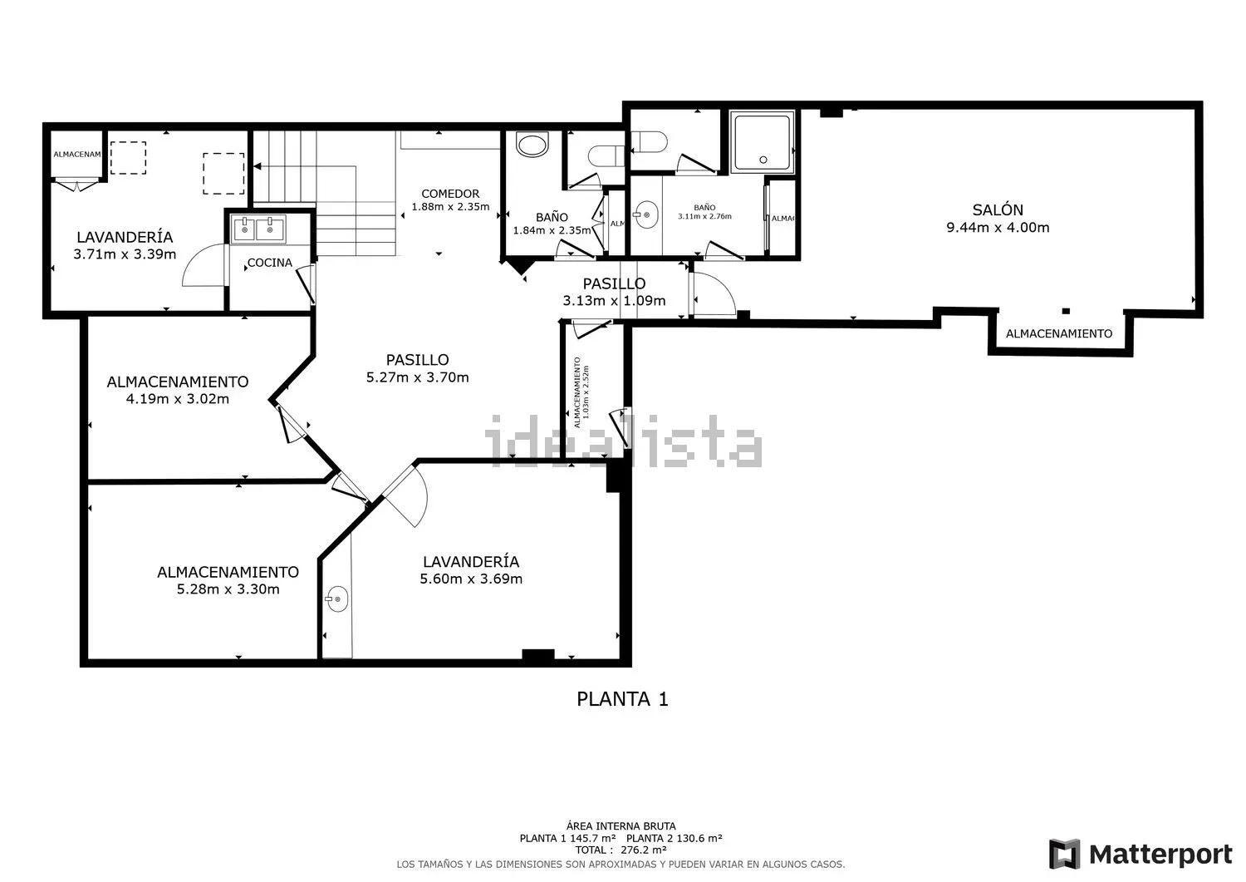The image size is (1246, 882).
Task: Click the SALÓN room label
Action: (x=998, y=210)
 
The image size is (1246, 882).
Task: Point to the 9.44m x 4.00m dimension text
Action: (x=998, y=228)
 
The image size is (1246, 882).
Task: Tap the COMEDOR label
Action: (x=449, y=194)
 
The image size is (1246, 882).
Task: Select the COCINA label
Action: (x=270, y=264)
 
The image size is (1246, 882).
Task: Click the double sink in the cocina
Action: (x=258, y=228)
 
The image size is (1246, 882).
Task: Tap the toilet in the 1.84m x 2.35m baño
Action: (x=532, y=146)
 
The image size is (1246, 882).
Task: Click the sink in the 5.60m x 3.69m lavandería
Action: (x=336, y=599)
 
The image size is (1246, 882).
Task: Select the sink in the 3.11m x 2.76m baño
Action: (x=645, y=215)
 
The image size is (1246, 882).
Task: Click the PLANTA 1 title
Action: (x=622, y=699)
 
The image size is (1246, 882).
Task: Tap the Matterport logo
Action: (x=1141, y=854)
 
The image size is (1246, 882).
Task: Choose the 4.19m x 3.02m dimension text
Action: (x=177, y=399)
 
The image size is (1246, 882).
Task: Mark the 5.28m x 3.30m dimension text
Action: (x=228, y=589)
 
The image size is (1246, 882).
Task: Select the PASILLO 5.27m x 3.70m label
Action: (x=417, y=368)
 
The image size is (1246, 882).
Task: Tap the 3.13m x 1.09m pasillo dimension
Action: (x=614, y=301)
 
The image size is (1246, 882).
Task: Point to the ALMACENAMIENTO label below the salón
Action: (x=1058, y=333)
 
